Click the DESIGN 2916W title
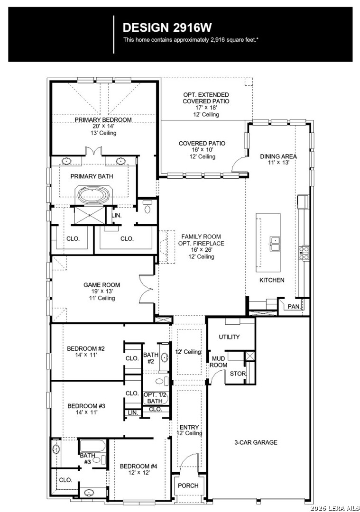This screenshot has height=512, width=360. tap(167, 28)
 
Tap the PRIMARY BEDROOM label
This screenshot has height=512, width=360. tap(103, 120)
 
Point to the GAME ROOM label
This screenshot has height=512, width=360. tap(102, 285)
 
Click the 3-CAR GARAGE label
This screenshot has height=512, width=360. tap(256, 442)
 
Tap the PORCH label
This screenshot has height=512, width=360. tap(188, 485)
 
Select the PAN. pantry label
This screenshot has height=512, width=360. tap(294, 307)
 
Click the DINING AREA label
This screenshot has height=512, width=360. tap(278, 156)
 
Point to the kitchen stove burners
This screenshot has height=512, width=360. tap(304, 253)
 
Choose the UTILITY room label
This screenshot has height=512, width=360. tap(230, 337)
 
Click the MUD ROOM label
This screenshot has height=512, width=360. tap(218, 362)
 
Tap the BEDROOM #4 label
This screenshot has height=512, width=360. tap(138, 466)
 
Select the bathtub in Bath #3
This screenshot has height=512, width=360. tap(92, 446)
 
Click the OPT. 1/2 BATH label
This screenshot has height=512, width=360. tap(155, 398)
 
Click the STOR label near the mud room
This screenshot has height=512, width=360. tap(238, 374)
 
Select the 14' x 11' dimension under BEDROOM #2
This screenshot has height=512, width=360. tap(82, 355)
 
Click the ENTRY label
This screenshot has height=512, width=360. tap(189, 427)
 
